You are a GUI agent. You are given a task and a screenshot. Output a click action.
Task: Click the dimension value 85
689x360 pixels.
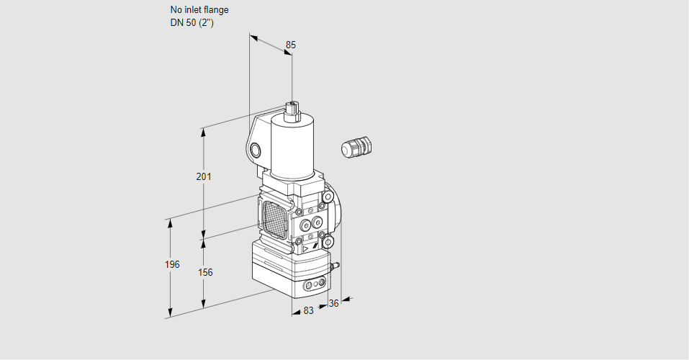(290, 45)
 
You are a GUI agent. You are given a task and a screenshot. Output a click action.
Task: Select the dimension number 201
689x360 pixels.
(204, 176)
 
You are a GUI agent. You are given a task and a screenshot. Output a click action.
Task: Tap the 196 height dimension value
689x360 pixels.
(172, 265)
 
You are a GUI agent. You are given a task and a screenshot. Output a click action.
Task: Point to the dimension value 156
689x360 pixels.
(205, 273)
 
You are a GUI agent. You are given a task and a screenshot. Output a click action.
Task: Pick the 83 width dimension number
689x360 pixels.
(308, 311)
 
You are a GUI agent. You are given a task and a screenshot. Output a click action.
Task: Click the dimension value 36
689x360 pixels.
(333, 303)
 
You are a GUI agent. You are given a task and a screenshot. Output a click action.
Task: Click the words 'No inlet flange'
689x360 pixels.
(199, 9)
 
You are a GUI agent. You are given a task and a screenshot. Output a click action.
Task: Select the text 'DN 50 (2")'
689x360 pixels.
(192, 23)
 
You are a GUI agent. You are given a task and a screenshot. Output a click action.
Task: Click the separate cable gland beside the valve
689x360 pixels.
(356, 147)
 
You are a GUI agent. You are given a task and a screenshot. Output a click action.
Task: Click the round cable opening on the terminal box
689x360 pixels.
(255, 151)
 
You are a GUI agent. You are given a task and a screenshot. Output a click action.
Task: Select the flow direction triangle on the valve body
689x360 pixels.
(305, 249)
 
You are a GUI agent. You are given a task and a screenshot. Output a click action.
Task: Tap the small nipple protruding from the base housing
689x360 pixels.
(336, 266)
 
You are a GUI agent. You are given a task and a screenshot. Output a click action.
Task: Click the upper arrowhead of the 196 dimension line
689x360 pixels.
(170, 223)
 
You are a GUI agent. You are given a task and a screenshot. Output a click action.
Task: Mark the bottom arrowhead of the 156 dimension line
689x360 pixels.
(203, 304)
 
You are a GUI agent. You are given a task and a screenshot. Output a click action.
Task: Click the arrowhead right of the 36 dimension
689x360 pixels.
(346, 300)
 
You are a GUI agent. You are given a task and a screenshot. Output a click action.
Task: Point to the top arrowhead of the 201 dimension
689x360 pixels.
(203, 132)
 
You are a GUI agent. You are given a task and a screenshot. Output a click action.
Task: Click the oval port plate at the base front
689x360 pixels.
(316, 284)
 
